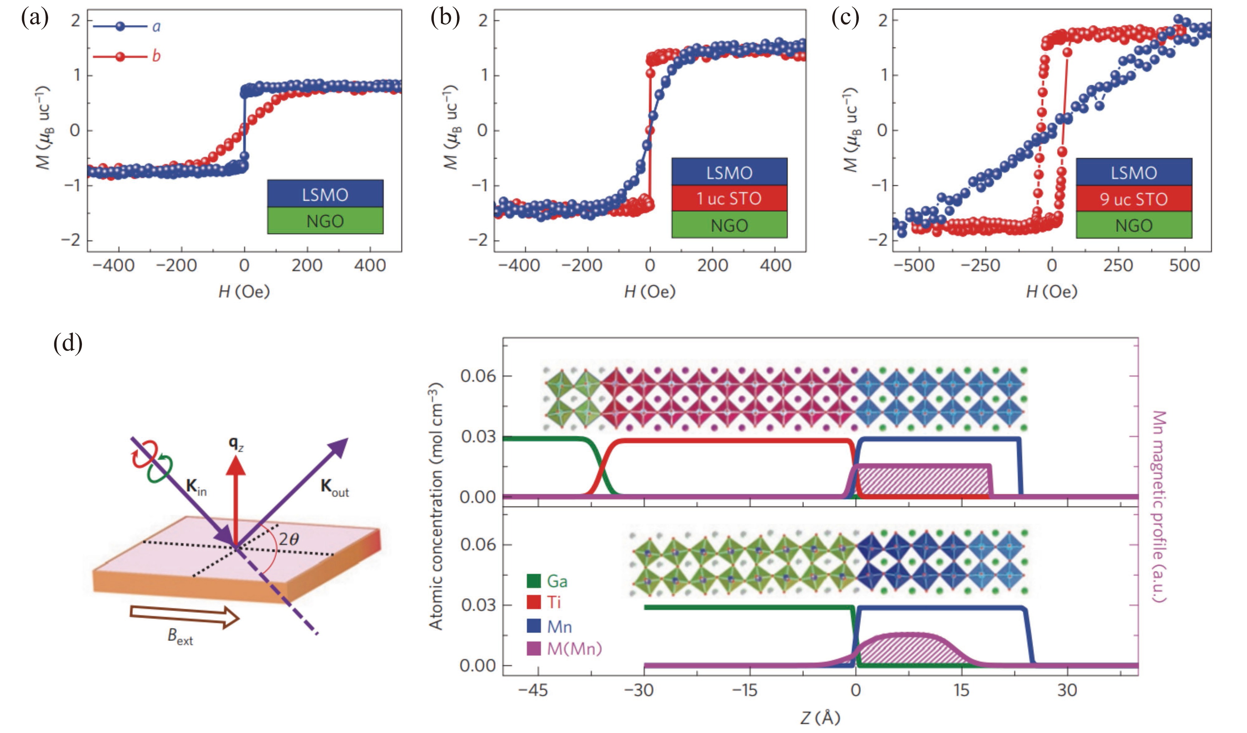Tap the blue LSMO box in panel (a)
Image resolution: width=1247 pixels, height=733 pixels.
pyautogui.click(x=325, y=194)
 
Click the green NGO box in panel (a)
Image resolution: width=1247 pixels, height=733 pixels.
pyautogui.click(x=325, y=221)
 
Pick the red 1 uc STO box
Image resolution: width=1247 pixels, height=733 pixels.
pyautogui.click(x=729, y=198)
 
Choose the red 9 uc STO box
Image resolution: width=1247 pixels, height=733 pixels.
pyautogui.click(x=1134, y=199)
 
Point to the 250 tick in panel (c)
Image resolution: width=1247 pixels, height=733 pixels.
pyautogui.click(x=1118, y=266)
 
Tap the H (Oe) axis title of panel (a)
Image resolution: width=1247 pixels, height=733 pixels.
pyautogui.click(x=244, y=292)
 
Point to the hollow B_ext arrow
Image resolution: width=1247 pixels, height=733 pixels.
pyautogui.click(x=184, y=617)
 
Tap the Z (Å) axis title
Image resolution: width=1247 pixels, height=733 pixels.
pyautogui.click(x=820, y=717)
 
